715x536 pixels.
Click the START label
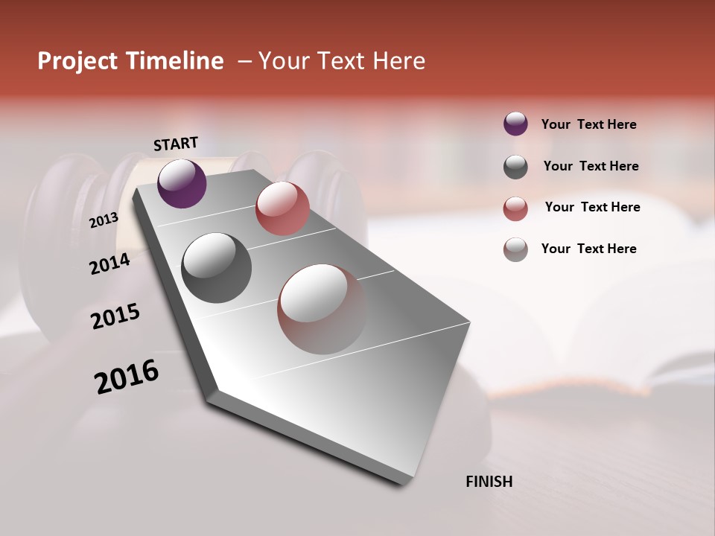point(176,144)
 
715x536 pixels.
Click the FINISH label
point(489,482)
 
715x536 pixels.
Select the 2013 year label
point(104,220)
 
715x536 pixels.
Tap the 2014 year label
point(110,264)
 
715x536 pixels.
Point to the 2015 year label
point(115,316)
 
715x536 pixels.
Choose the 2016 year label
point(127,376)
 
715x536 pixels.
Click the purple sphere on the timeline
point(182,183)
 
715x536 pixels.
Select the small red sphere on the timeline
point(282,208)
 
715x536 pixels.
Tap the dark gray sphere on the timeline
point(216,268)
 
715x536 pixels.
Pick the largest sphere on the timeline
point(322,309)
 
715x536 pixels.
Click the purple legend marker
point(515,124)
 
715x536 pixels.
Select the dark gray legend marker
point(515,167)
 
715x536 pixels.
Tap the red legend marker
point(515,208)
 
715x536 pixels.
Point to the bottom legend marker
point(515,249)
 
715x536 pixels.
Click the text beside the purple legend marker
point(588,124)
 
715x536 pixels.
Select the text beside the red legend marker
point(592,207)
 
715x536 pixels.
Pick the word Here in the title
point(398,61)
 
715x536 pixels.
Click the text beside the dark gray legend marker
point(591,166)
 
